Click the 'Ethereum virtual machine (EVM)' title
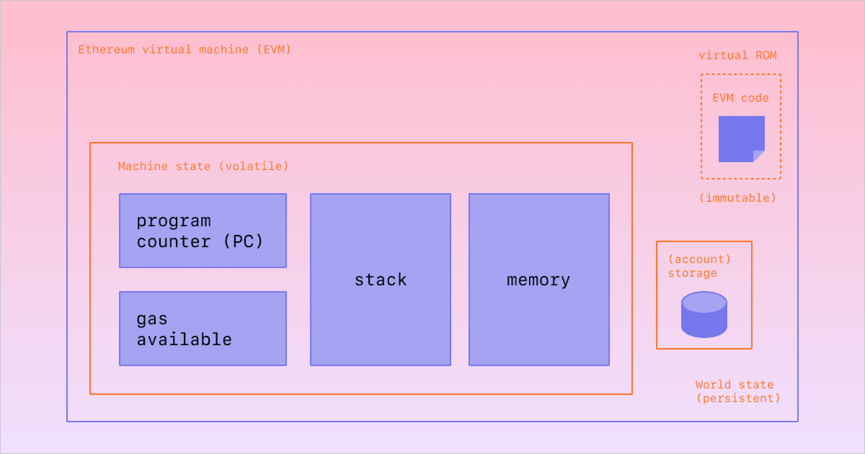185,49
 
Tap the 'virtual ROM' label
738,55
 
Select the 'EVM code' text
741,98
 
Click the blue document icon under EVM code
741,139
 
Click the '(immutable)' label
738,198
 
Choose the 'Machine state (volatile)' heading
203,166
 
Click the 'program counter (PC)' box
203,231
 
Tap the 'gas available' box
203,329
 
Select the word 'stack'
381,280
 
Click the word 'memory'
538,280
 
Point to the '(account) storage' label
699,266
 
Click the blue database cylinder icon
704,315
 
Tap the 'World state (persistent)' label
738,391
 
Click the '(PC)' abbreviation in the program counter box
243,241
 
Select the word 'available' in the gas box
184,339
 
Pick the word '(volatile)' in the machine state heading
254,166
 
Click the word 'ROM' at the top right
766,55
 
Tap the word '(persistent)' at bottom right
738,398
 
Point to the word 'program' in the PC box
174,221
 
